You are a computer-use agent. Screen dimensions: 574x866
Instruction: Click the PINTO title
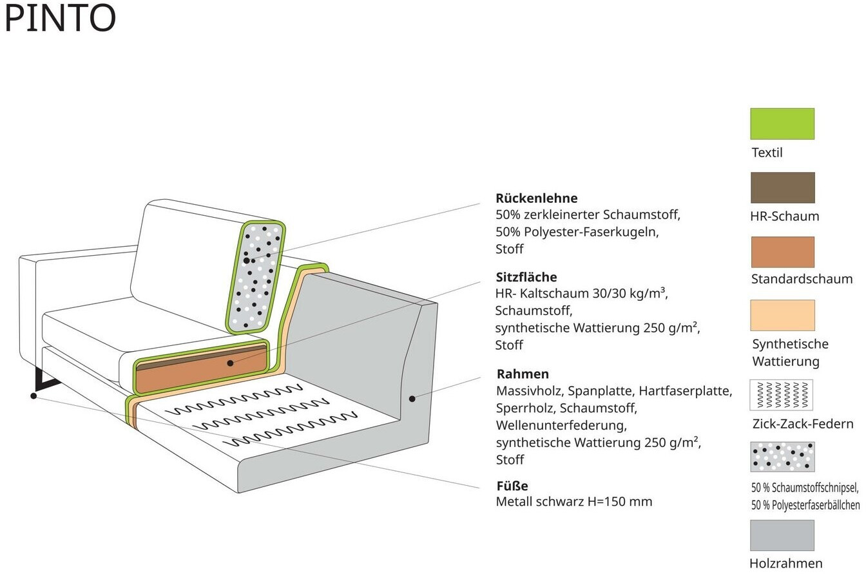[60, 18]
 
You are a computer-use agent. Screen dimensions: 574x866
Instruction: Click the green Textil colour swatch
[782, 124]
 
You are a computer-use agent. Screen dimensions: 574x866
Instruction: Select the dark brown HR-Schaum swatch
[782, 187]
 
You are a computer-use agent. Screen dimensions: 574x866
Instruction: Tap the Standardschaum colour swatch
[782, 252]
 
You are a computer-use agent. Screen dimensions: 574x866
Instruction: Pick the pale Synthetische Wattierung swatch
[782, 315]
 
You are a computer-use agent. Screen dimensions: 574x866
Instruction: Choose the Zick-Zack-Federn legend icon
[781, 395]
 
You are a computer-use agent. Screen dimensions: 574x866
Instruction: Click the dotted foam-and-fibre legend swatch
[782, 457]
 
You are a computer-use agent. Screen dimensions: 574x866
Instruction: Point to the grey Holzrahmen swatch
[782, 535]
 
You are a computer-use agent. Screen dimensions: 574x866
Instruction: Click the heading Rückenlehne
[536, 198]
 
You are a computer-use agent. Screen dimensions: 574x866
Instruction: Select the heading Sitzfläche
[526, 278]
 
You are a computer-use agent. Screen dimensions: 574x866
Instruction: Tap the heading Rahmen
[523, 374]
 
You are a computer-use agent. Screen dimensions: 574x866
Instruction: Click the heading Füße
[512, 486]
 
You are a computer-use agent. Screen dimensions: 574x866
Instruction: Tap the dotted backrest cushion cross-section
[255, 277]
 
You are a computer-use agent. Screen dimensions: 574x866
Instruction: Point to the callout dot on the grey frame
[412, 399]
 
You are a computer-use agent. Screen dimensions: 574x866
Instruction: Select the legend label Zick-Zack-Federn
[802, 424]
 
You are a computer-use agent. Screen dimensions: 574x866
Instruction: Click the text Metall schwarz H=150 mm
[573, 502]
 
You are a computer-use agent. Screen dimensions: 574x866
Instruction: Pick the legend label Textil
[767, 153]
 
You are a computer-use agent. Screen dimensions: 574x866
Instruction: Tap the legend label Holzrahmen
[785, 564]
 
